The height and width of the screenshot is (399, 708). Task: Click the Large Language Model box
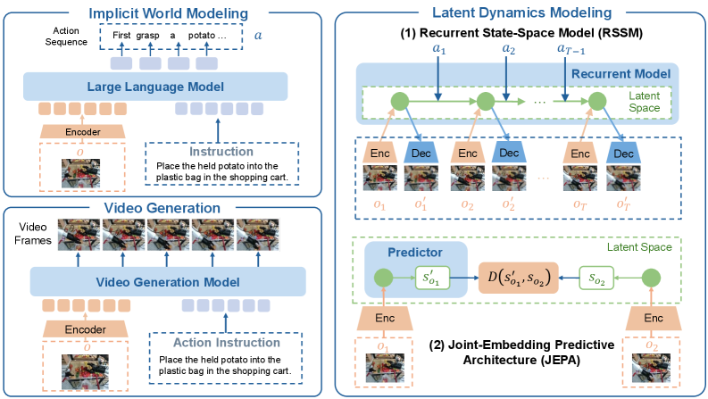tap(155, 87)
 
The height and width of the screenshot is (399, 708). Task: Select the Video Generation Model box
tap(168, 282)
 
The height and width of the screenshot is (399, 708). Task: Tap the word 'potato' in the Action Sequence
tap(202, 35)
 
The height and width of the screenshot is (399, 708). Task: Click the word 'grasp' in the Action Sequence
tap(147, 35)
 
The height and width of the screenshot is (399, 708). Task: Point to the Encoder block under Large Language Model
tap(83, 131)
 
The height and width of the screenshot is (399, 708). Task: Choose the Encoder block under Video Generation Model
tap(86, 329)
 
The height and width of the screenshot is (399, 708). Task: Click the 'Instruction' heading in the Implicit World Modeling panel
tap(221, 152)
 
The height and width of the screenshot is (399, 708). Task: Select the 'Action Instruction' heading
tap(227, 343)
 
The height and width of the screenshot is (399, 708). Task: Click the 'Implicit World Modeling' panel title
tap(169, 13)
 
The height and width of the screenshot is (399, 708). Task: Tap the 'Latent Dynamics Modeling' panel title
tap(522, 12)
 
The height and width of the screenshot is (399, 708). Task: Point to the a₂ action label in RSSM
tap(508, 48)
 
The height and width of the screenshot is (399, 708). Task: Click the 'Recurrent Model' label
tap(621, 73)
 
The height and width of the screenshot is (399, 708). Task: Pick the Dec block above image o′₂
tap(509, 153)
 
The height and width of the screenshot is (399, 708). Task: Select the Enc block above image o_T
tap(580, 154)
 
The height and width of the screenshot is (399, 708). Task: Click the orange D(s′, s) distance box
tap(519, 278)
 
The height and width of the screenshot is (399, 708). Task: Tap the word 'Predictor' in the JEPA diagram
tap(415, 253)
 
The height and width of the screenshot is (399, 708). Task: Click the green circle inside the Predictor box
tap(384, 278)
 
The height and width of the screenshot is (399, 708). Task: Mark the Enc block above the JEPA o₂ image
tap(653, 318)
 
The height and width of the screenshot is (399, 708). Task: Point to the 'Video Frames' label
tap(32, 233)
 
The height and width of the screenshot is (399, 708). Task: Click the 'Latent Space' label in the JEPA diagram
tap(639, 247)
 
